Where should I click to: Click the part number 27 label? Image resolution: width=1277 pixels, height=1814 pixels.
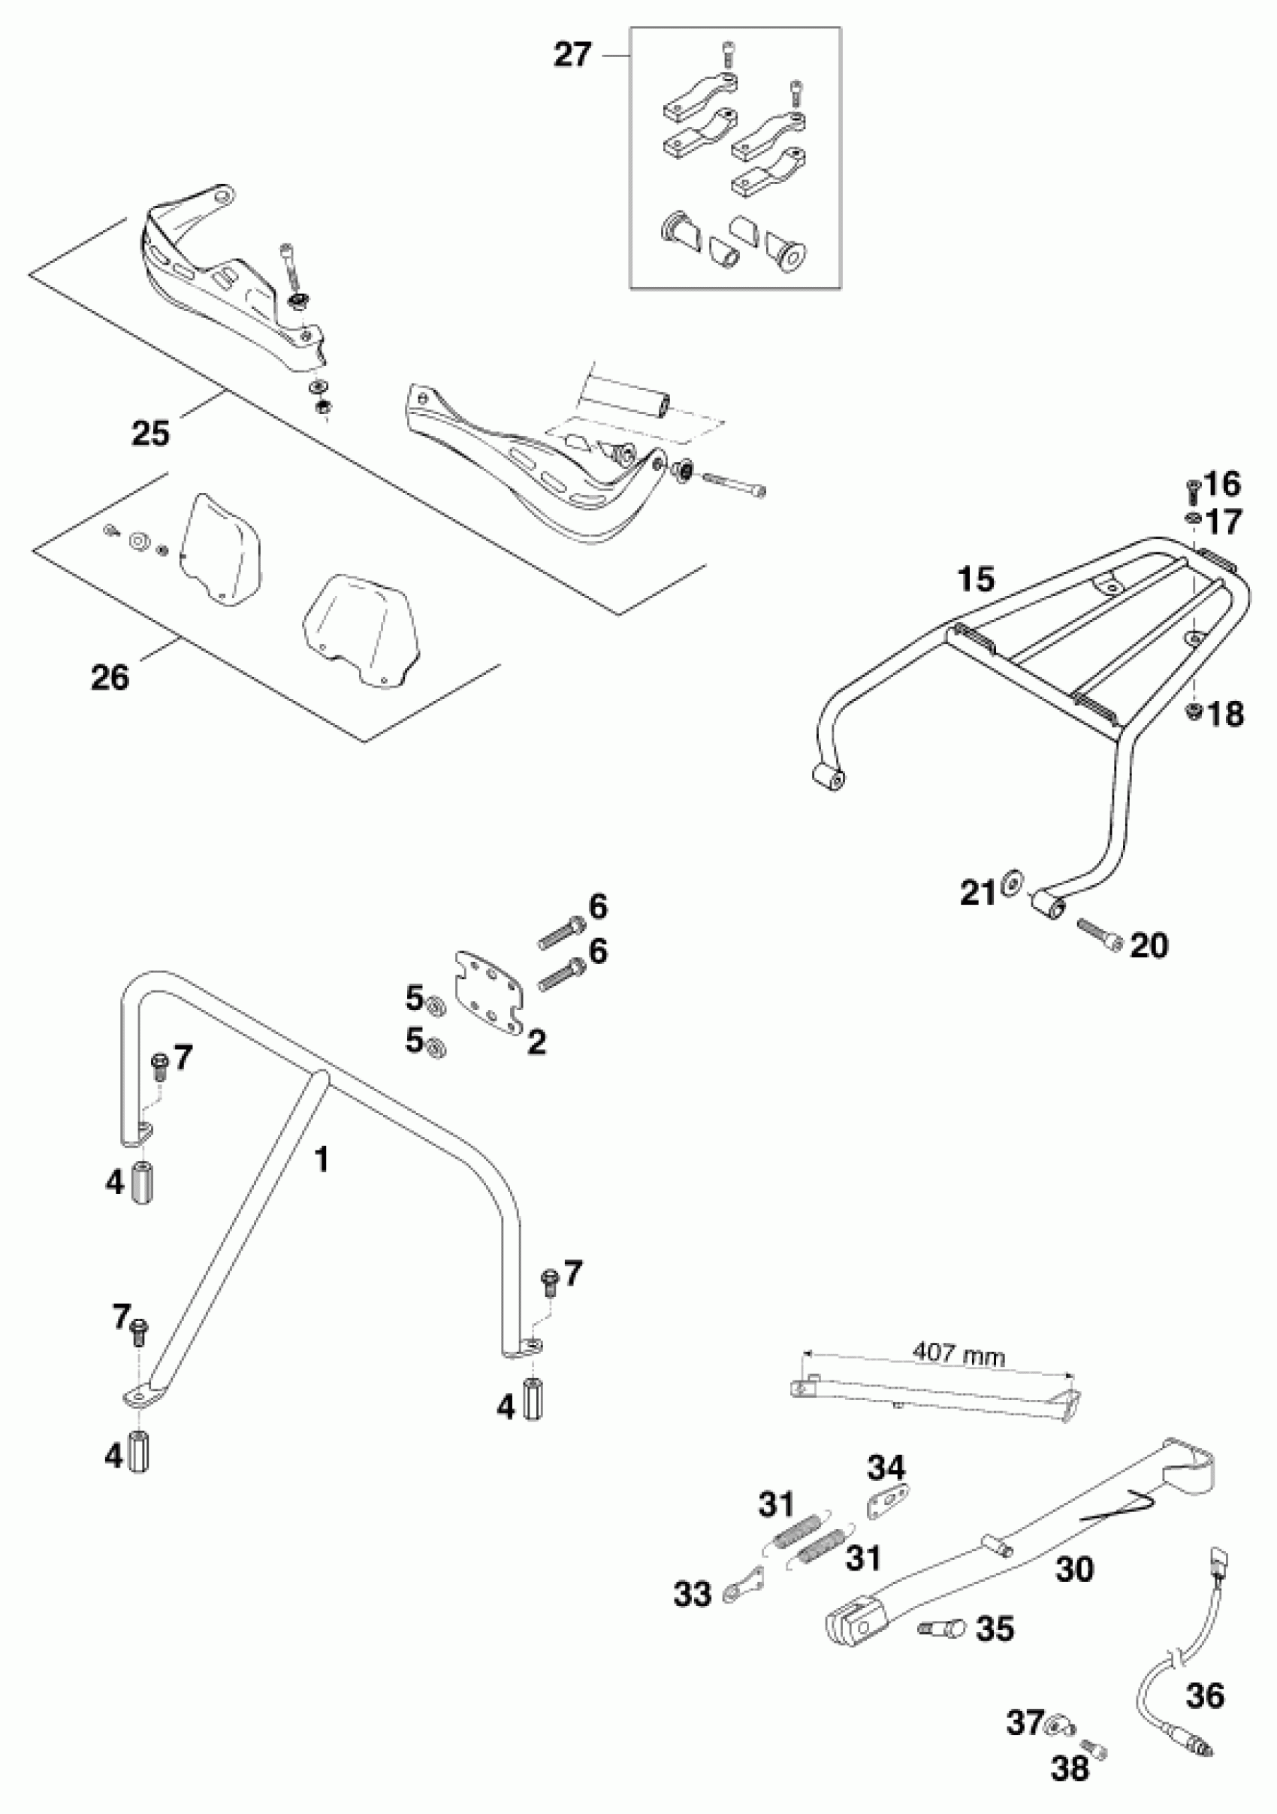[x=572, y=57]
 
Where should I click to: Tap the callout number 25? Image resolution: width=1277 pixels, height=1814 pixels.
[x=151, y=433]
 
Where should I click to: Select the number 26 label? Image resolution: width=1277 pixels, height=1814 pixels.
[x=110, y=677]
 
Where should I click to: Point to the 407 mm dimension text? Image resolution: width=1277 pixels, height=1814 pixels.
[x=959, y=1356]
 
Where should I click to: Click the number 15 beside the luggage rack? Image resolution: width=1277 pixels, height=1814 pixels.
[x=976, y=579]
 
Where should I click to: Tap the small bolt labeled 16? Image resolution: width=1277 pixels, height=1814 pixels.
[x=1193, y=491]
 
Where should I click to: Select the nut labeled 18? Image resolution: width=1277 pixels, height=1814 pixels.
[x=1194, y=712]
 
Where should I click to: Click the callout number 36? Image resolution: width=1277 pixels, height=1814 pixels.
[x=1206, y=1695]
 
